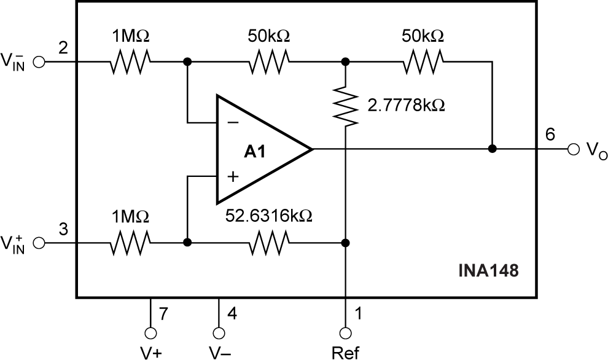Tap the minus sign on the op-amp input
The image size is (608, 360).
point(233,123)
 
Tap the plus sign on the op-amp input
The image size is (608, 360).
point(233,176)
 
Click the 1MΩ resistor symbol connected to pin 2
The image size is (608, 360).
point(130,61)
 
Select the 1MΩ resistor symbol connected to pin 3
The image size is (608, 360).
point(130,243)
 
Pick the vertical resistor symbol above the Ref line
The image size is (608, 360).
point(346,105)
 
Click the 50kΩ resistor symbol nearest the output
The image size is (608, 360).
point(423,61)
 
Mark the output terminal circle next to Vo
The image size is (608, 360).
point(573,149)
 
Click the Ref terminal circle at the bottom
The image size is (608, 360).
point(346,333)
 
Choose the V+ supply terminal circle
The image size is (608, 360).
point(150,333)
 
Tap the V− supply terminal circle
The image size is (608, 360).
point(219,333)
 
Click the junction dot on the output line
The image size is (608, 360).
point(492,149)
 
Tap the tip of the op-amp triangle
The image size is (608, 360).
point(311,149)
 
